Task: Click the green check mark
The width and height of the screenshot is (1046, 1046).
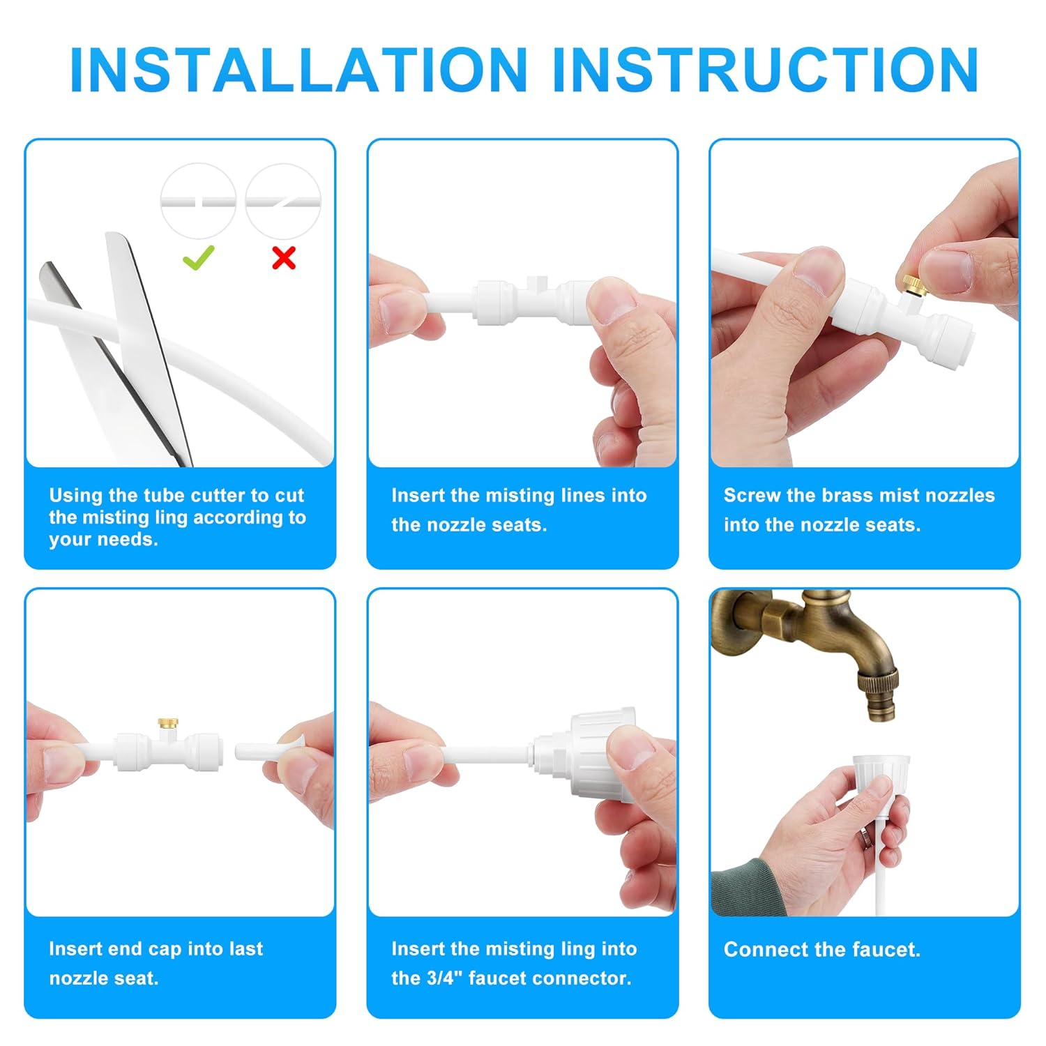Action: point(199,258)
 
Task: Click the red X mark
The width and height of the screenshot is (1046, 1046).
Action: point(284,258)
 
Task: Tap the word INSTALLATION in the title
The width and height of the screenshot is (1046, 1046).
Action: point(298,70)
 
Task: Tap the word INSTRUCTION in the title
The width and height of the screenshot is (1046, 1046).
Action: point(765,70)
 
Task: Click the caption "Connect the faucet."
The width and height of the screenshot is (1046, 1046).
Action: point(821,949)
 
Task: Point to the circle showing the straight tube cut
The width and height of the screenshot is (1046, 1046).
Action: point(198,201)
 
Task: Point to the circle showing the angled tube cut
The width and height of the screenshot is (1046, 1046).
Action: point(283,201)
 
